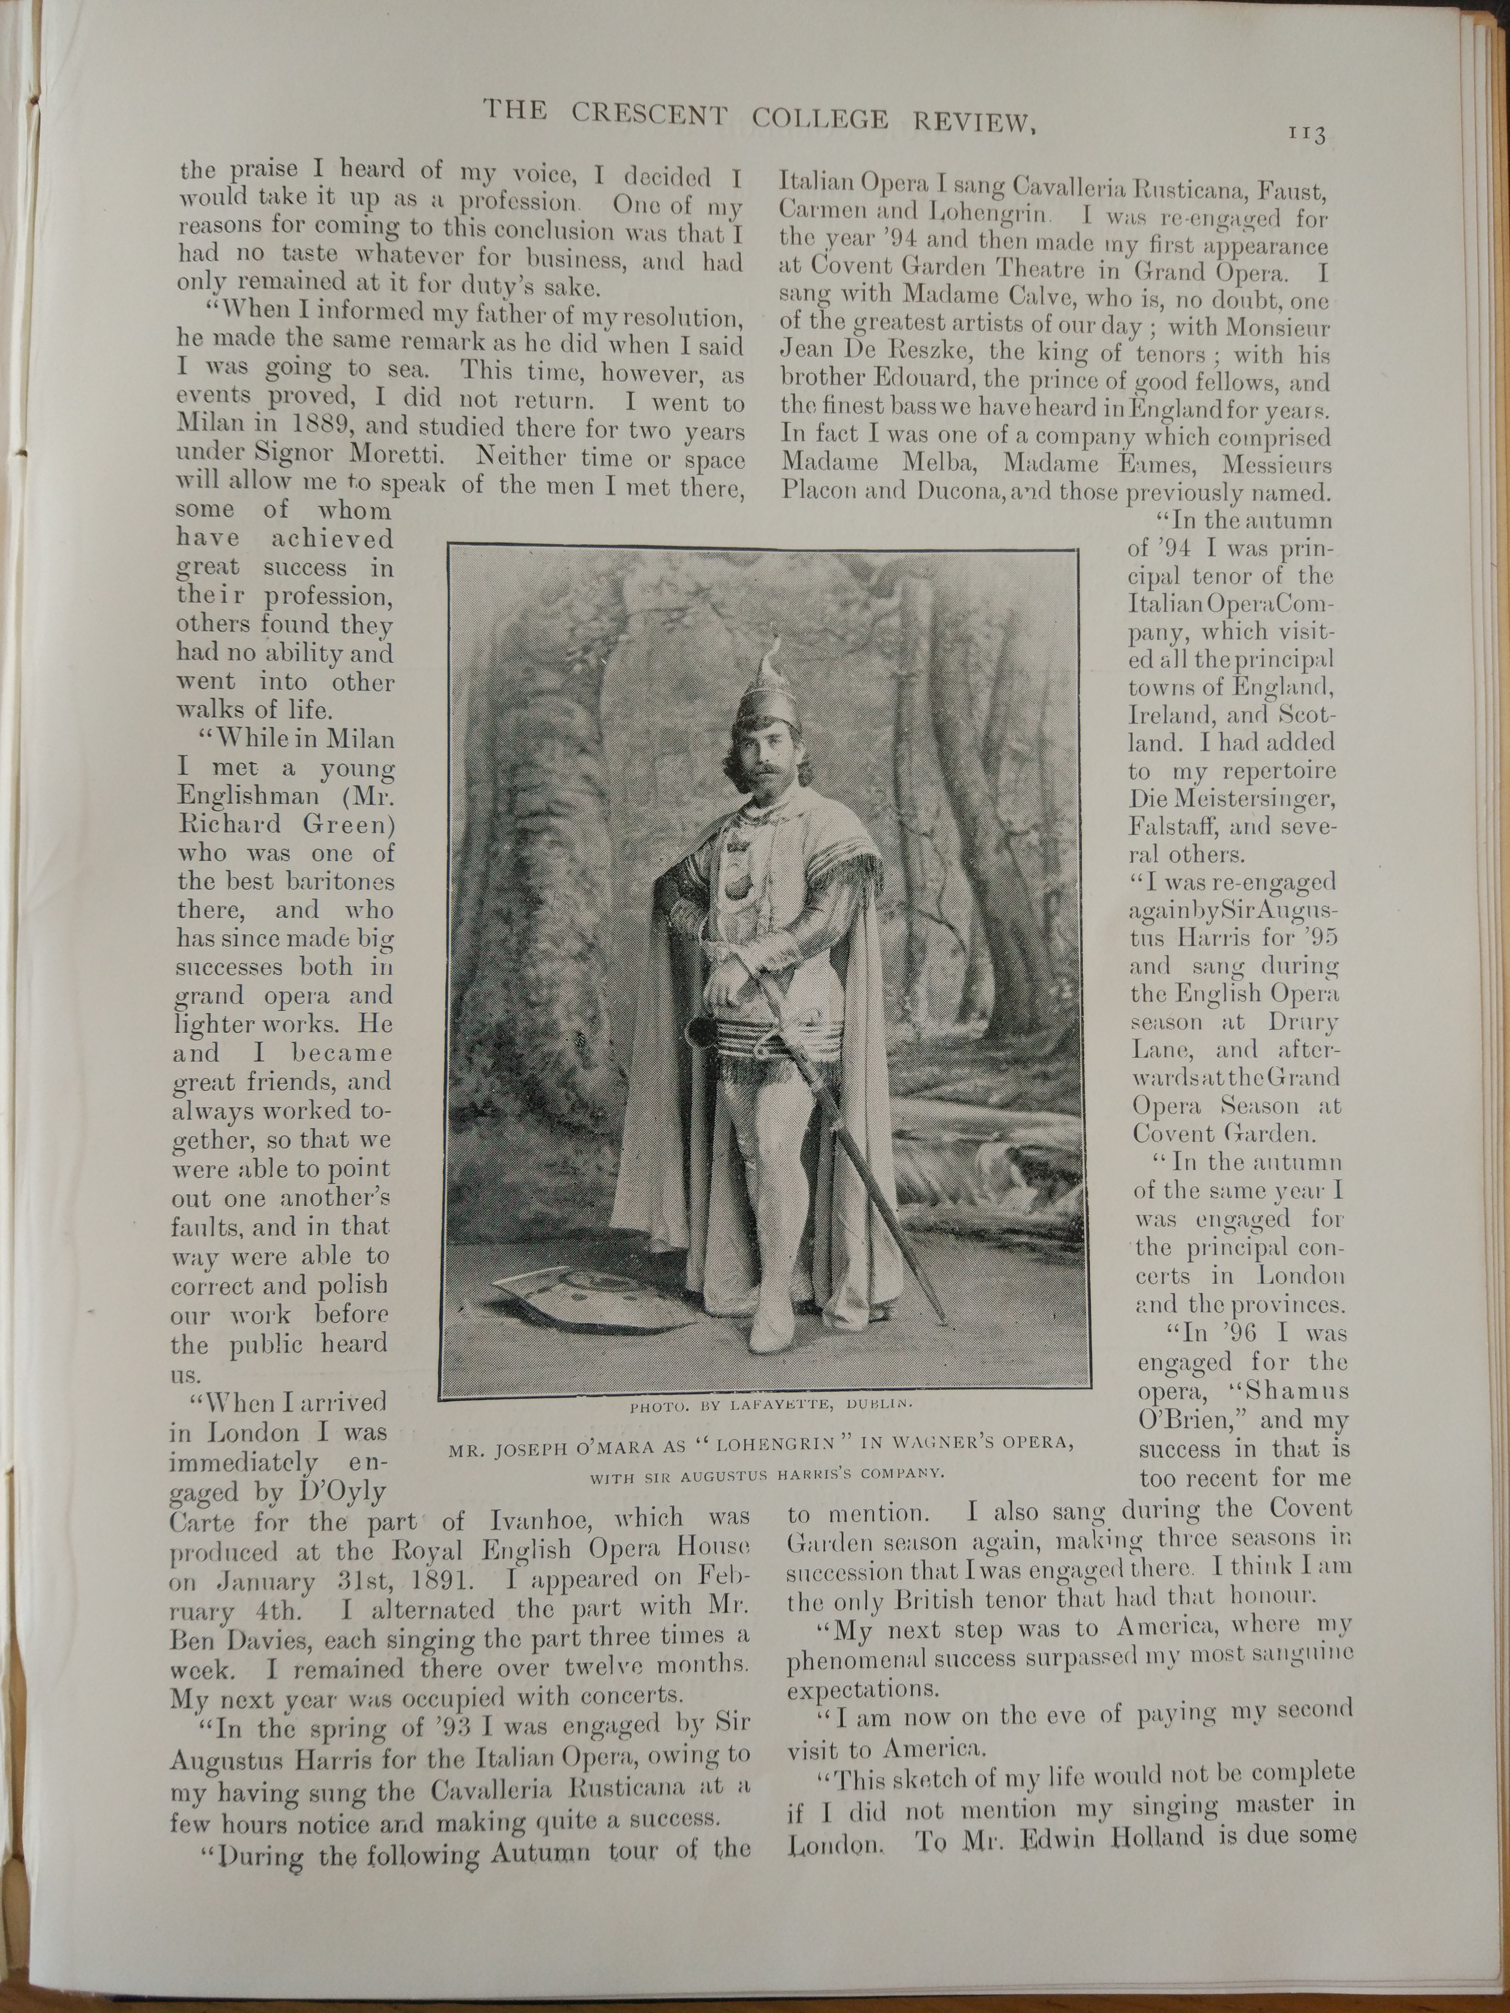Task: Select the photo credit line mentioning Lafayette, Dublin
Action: pos(770,1406)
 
